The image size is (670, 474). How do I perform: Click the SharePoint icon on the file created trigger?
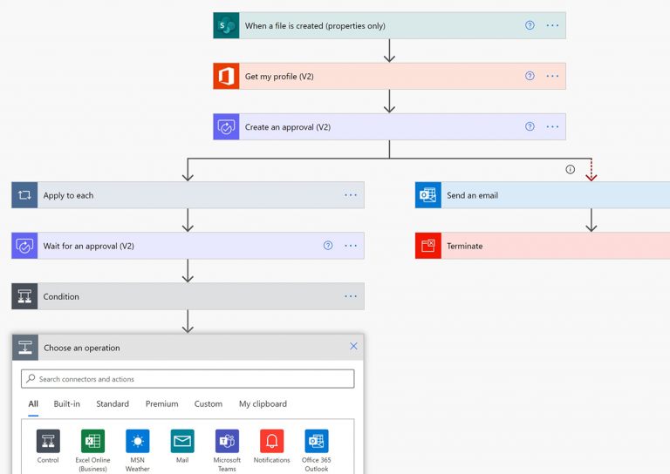pyautogui.click(x=226, y=25)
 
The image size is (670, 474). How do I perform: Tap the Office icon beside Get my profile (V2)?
pyautogui.click(x=226, y=76)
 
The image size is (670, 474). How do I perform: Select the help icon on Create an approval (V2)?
pyautogui.click(x=530, y=126)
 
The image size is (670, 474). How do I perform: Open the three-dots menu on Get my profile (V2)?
pyautogui.click(x=552, y=76)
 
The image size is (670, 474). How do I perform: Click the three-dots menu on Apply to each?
pyautogui.click(x=351, y=195)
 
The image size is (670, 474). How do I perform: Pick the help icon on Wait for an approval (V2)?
pyautogui.click(x=328, y=246)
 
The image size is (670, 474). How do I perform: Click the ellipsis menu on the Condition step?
pyautogui.click(x=351, y=296)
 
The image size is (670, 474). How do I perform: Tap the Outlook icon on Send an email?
pyautogui.click(x=427, y=195)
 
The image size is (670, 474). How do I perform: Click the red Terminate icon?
pyautogui.click(x=427, y=246)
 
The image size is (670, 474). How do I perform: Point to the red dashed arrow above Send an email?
pyautogui.click(x=591, y=171)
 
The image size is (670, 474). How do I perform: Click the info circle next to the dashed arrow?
pyautogui.click(x=571, y=169)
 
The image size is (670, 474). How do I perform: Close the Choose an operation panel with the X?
pyautogui.click(x=353, y=346)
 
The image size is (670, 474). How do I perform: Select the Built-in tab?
pyautogui.click(x=66, y=404)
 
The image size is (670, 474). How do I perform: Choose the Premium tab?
pyautogui.click(x=161, y=404)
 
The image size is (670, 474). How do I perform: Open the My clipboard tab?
pyautogui.click(x=263, y=404)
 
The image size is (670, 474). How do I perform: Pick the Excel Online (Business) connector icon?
pyautogui.click(x=92, y=441)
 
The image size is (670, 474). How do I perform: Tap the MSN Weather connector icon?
pyautogui.click(x=137, y=441)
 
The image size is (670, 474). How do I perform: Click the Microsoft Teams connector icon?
pyautogui.click(x=227, y=441)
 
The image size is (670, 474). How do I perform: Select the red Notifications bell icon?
pyautogui.click(x=271, y=441)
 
